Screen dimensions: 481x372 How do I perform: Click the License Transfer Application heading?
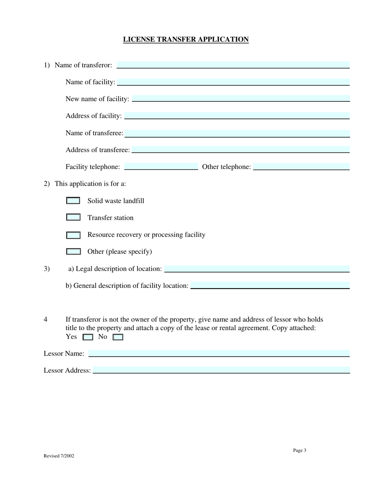(x=186, y=39)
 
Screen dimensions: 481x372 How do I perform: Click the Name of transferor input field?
(x=233, y=65)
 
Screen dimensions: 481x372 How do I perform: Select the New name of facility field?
(x=241, y=99)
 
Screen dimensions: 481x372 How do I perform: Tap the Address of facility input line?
(x=237, y=116)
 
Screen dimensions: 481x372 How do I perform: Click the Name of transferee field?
(x=237, y=133)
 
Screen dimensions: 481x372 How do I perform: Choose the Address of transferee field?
(x=240, y=149)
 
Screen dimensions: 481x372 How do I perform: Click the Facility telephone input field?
(x=161, y=167)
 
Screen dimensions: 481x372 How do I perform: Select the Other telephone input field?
(x=301, y=167)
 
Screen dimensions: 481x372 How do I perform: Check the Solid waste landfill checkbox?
(x=73, y=201)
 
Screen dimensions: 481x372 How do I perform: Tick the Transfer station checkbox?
(x=73, y=217)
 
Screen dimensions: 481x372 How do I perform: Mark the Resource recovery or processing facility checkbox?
(x=73, y=235)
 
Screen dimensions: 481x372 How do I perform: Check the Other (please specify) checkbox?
(x=73, y=251)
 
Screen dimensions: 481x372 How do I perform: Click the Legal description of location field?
(x=257, y=269)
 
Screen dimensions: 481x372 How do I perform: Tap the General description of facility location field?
(x=269, y=285)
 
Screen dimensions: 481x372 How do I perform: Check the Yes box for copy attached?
(x=88, y=337)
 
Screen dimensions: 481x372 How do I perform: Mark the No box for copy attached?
(x=118, y=337)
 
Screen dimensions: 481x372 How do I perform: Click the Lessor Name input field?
(x=219, y=354)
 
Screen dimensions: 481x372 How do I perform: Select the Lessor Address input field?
(x=221, y=370)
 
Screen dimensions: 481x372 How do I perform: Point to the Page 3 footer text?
(x=300, y=450)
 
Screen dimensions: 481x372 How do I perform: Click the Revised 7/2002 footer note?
(x=59, y=456)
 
